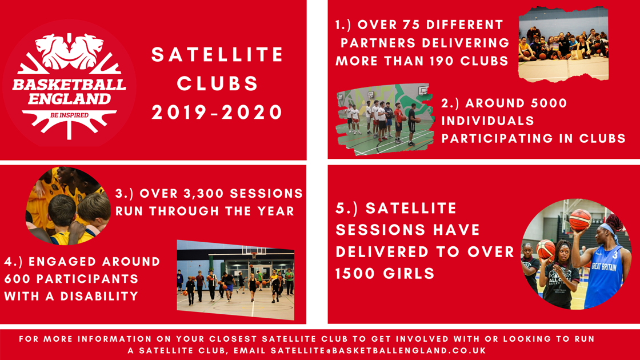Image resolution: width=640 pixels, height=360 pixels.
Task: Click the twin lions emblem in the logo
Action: (70, 51)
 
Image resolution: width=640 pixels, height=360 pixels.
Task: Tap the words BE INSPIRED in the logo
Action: (69, 115)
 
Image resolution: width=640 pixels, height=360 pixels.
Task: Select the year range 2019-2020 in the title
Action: (217, 112)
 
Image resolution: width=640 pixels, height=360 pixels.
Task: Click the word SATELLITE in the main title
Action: (217, 55)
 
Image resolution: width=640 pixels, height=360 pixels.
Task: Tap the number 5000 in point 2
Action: (546, 103)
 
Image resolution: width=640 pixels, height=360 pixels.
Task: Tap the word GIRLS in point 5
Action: (409, 273)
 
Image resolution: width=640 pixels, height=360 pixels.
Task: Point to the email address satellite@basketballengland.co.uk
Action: (378, 351)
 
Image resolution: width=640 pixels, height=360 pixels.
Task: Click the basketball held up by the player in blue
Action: (580, 220)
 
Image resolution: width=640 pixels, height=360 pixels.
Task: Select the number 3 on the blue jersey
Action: (615, 255)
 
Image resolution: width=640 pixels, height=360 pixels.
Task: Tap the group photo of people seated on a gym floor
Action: (563, 44)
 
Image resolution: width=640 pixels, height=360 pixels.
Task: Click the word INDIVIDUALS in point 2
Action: (488, 121)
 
